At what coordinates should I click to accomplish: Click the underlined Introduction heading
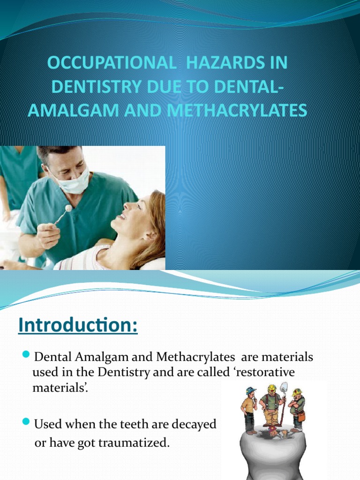[x=78, y=325]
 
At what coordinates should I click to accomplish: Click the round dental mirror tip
[x=68, y=208]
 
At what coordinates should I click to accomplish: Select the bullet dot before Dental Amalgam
[x=26, y=353]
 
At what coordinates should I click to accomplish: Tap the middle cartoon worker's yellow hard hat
[x=271, y=389]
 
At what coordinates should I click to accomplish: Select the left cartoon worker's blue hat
[x=251, y=390]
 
